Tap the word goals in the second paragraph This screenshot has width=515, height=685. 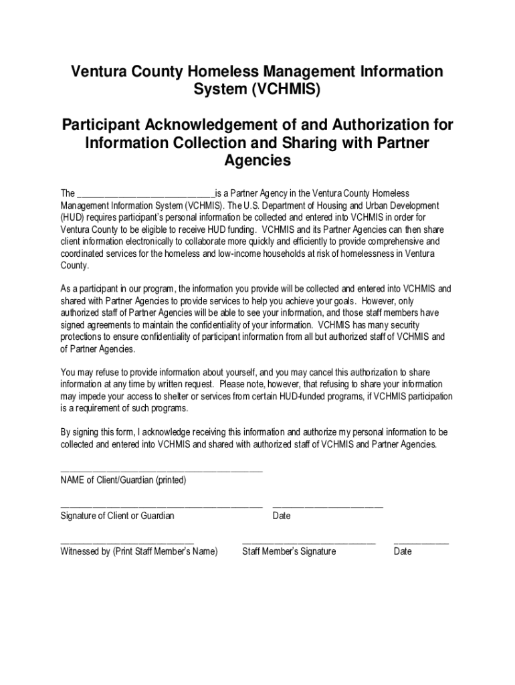342,301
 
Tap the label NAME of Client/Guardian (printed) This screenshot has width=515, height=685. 123,480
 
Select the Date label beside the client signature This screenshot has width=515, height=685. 282,516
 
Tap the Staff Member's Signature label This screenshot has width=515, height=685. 289,552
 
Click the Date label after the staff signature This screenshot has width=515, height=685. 403,552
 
